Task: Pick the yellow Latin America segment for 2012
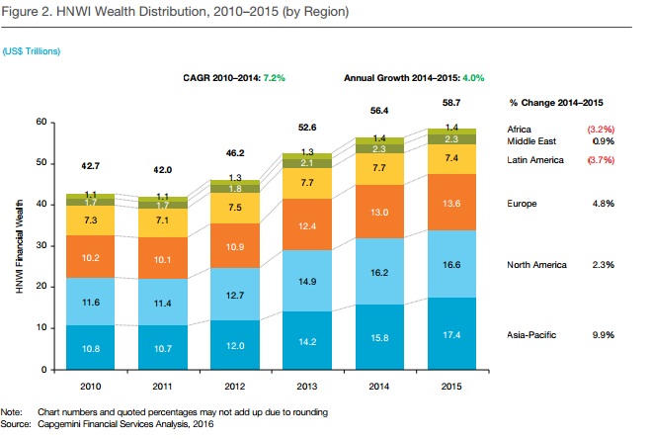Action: pyautogui.click(x=234, y=208)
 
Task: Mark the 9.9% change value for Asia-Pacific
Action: pyautogui.click(x=603, y=335)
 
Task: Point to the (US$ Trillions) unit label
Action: pyautogui.click(x=31, y=48)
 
